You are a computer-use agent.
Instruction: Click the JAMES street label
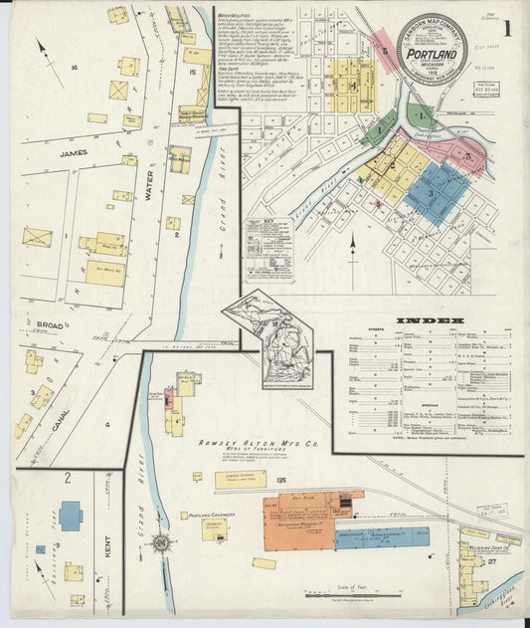tap(73, 153)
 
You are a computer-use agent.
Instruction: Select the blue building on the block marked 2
tap(71, 516)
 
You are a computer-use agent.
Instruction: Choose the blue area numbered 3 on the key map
tap(435, 191)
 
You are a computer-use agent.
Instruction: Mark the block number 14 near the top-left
tap(76, 68)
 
